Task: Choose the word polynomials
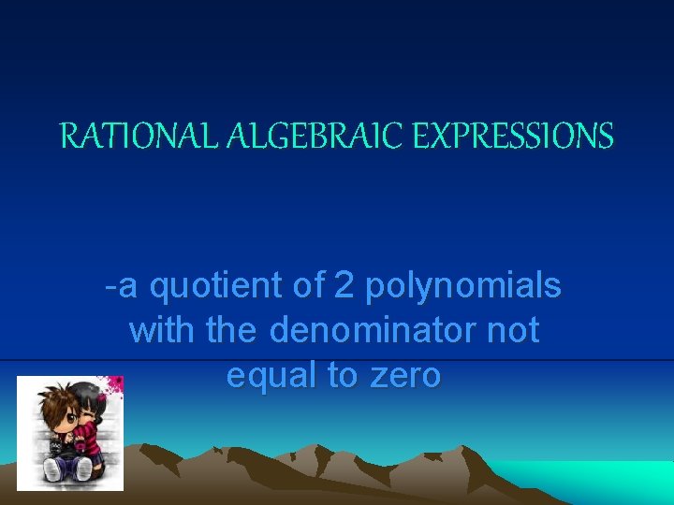[463, 287]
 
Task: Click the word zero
[405, 375]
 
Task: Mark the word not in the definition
[514, 330]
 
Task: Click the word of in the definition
[309, 287]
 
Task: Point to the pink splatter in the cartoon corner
[114, 384]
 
